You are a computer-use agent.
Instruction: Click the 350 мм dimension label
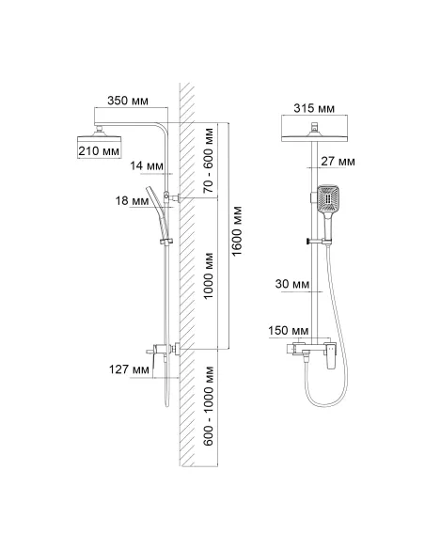[x=128, y=101]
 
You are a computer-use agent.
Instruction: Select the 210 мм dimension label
[x=99, y=151]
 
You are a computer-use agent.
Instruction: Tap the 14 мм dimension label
[x=147, y=165]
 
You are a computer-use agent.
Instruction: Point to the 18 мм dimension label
[x=133, y=201]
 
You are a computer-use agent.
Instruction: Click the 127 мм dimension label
[x=129, y=369]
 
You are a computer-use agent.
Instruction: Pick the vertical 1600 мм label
[x=237, y=231]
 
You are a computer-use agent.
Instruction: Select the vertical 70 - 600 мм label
[x=209, y=161]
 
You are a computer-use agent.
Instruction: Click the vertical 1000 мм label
[x=209, y=275]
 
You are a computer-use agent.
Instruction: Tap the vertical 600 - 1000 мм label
[x=209, y=405]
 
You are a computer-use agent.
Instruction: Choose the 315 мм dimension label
[x=314, y=108]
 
